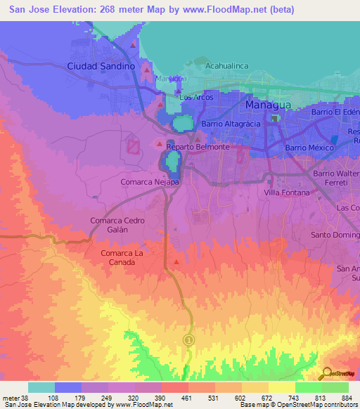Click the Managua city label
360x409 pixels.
click(x=269, y=105)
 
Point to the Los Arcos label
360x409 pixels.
click(x=196, y=98)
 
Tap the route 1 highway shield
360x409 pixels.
click(x=188, y=339)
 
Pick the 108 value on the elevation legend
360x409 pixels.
click(x=67, y=397)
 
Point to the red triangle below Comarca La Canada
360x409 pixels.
click(x=176, y=263)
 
